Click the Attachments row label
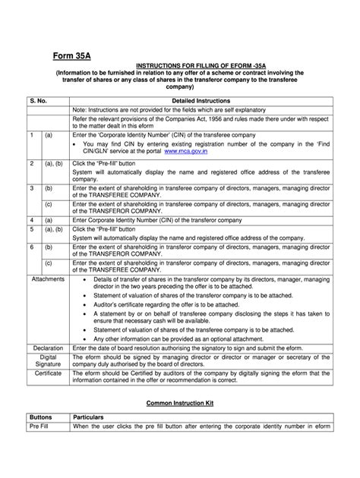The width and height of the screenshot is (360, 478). coord(48,279)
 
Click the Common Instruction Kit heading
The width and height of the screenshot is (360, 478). coord(179,403)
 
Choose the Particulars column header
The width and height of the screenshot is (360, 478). coord(92,417)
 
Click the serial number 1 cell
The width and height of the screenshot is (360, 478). coord(31,134)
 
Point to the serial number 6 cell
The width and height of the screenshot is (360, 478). coord(31,247)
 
